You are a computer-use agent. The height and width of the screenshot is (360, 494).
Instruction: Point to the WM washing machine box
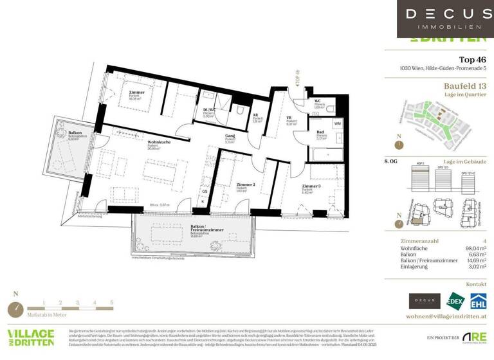click(338, 123)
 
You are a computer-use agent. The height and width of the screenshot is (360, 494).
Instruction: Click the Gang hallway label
click(229, 136)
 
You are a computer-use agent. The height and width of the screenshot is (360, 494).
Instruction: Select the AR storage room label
click(256, 118)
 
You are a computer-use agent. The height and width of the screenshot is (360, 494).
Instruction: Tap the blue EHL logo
click(477, 301)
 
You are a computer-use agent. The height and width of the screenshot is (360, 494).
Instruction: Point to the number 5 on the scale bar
click(112, 301)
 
